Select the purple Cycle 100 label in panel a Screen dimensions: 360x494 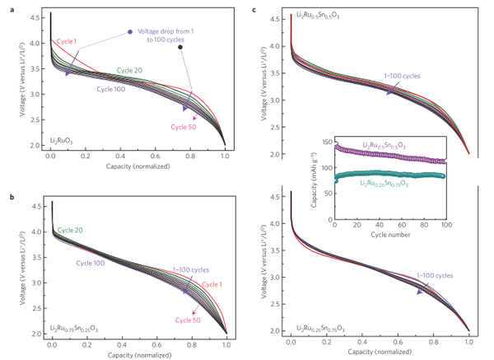pyautogui.click(x=112, y=89)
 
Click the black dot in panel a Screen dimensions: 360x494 pyautogui.click(x=180, y=47)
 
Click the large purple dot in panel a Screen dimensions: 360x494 pyautogui.click(x=130, y=32)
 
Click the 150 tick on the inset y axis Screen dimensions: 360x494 pyautogui.click(x=329, y=142)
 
